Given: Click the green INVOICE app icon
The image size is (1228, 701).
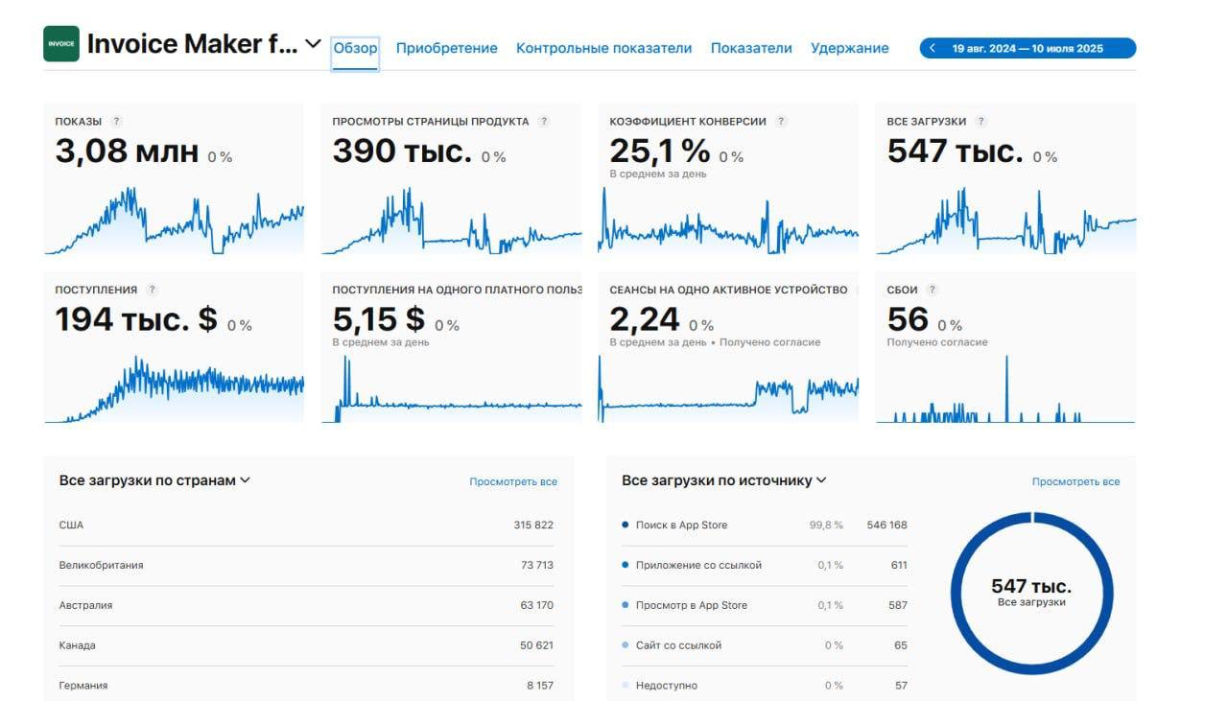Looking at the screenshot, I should (60, 44).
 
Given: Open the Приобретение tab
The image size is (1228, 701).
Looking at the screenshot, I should (446, 48).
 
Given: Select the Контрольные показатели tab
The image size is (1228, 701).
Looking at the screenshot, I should (603, 48).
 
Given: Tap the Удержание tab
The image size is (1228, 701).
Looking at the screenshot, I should (849, 48).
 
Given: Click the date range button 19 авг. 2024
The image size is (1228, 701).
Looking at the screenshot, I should (1027, 48).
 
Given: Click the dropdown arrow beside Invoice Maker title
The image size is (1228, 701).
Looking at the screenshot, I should (313, 44).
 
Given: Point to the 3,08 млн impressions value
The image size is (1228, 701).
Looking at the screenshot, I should (127, 152).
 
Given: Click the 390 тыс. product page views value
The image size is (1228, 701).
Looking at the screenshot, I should (402, 152).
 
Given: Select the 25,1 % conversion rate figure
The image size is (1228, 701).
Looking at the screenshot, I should (660, 152).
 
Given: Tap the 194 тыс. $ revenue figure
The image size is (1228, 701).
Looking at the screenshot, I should (136, 319).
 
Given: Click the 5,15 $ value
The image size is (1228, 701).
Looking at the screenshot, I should (378, 319).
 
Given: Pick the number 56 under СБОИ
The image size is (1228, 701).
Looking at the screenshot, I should (908, 319).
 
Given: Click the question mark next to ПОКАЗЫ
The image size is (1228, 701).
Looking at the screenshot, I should (116, 122).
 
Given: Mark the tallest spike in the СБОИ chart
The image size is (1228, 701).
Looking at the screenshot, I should (1006, 361).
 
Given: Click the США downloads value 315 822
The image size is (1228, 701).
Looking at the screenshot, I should (532, 525).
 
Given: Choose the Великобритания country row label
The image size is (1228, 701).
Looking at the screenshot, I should (101, 565).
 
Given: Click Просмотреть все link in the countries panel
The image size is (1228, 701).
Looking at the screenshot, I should (512, 481).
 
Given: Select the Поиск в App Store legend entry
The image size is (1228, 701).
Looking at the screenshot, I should (681, 525).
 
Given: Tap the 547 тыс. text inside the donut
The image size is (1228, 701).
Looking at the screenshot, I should (1031, 586).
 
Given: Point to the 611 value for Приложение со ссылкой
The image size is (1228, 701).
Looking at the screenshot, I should (898, 565).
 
